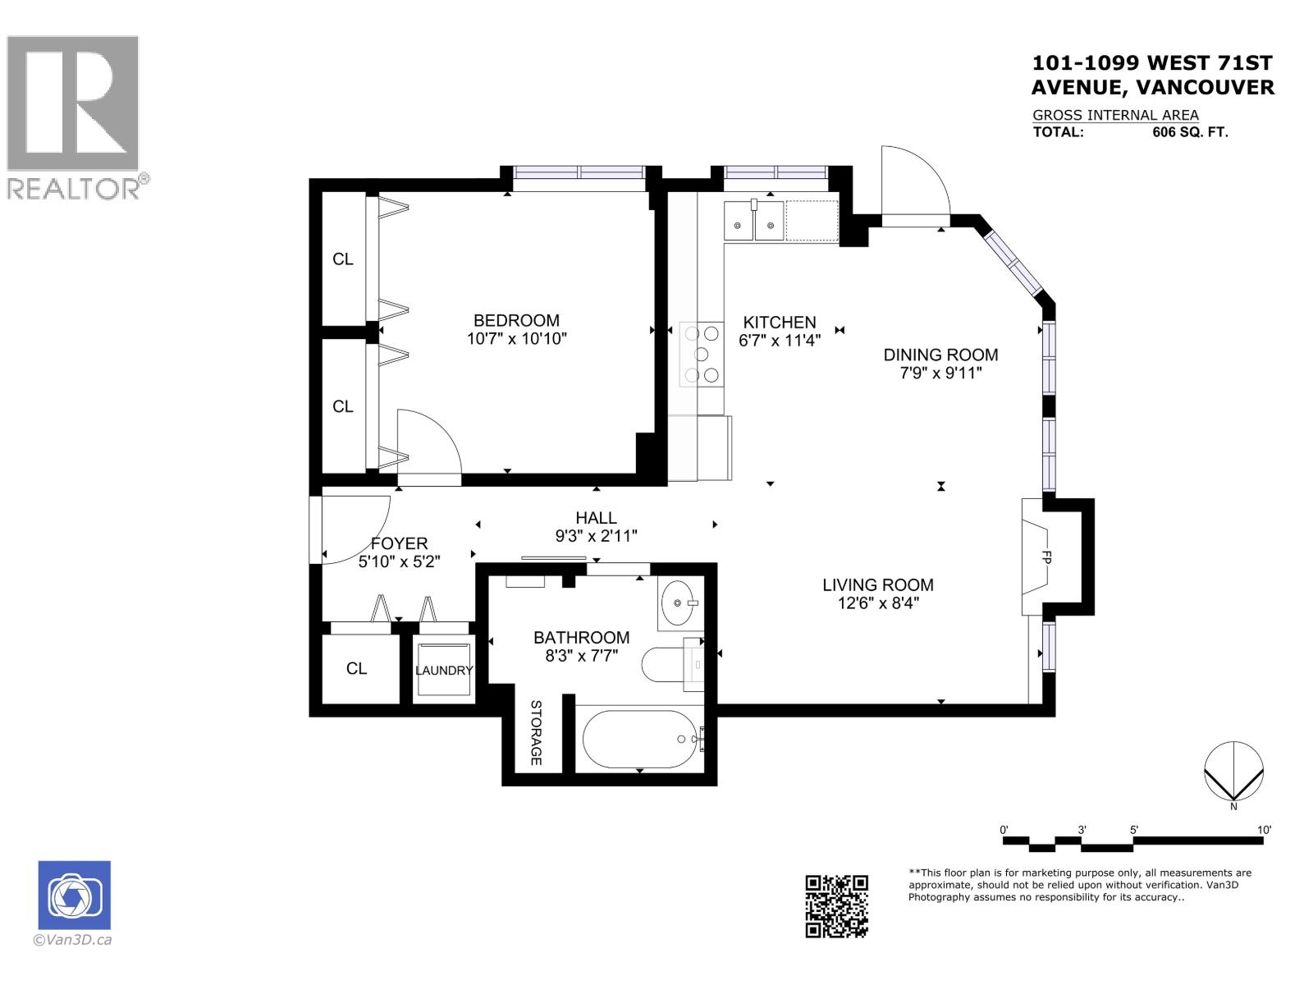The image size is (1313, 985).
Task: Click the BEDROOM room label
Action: tap(516, 321)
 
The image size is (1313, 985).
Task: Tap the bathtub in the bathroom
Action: tap(639, 739)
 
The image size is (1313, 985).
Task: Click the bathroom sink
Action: tap(678, 603)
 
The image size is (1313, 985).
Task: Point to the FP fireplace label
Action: tap(1046, 557)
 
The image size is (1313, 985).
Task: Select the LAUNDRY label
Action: tap(443, 671)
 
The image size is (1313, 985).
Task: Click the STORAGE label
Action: tap(536, 733)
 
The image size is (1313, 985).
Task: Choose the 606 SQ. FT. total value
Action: tap(1190, 132)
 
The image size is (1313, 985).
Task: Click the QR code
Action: tap(836, 905)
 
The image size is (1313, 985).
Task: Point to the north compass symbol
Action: tap(1233, 772)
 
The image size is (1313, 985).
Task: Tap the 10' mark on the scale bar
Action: tap(1264, 831)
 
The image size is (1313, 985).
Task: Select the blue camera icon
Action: tap(74, 896)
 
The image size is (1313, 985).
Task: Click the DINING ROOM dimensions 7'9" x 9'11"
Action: tap(940, 373)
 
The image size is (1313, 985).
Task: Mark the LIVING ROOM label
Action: tap(878, 585)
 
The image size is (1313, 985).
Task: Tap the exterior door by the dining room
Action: tap(913, 185)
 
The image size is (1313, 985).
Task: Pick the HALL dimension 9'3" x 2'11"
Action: tap(596, 536)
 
